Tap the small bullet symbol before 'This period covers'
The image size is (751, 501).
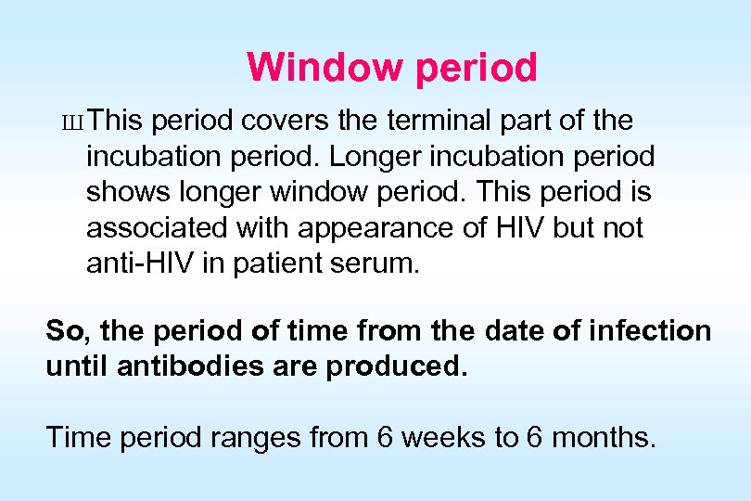pyautogui.click(x=79, y=122)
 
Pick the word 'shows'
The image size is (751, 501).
pyautogui.click(x=125, y=192)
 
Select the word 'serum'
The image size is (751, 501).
pyautogui.click(x=380, y=264)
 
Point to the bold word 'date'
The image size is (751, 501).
pyautogui.click(x=512, y=330)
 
